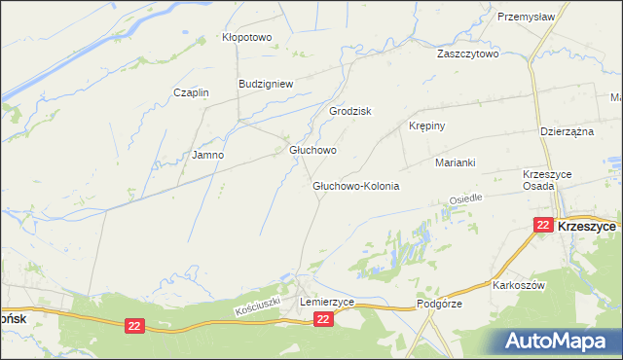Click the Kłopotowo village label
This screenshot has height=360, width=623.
(x=247, y=38)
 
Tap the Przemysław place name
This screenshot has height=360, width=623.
(x=526, y=17)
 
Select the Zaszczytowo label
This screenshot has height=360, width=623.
(x=468, y=54)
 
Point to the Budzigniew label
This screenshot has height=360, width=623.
(x=266, y=84)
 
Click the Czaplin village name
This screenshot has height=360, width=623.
(x=191, y=92)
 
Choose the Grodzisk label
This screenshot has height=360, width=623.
(x=351, y=111)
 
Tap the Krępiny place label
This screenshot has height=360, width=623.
(x=426, y=126)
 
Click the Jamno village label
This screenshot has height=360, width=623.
(x=208, y=155)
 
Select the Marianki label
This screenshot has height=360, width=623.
(x=455, y=162)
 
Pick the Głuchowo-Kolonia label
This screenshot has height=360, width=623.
(x=356, y=185)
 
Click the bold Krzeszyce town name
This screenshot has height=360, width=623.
(x=588, y=225)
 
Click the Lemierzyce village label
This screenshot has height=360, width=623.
(x=327, y=303)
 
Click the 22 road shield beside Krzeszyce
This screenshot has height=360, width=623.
(x=543, y=225)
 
